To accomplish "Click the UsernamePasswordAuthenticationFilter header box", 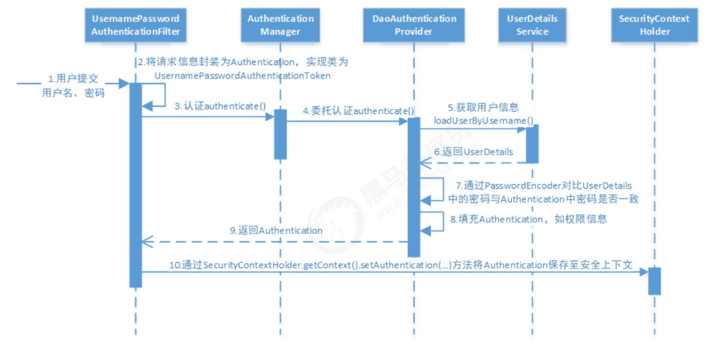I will tap(135, 24).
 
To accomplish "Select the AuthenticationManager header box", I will tap(280, 24).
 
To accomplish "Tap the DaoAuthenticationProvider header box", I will tap(414, 24).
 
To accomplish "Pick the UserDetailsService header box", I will tap(532, 24).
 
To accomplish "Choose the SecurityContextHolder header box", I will tap(654, 24).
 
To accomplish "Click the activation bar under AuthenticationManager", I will tap(280, 134).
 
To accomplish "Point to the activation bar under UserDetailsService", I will tap(532, 143).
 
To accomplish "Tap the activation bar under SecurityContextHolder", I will tap(654, 281).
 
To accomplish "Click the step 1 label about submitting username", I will tap(73, 85).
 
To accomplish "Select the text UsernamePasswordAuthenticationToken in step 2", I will tap(242, 76).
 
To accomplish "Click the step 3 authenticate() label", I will tap(220, 106).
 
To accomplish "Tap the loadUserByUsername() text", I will tap(483, 121).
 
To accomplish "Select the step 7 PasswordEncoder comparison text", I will tap(544, 192).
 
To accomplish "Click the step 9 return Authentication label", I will tap(276, 230).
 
